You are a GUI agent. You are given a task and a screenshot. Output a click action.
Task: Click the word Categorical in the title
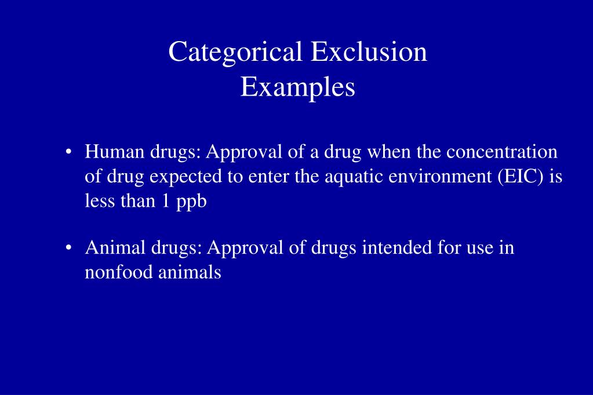click(235, 52)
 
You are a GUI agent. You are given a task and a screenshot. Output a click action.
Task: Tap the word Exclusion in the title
click(369, 52)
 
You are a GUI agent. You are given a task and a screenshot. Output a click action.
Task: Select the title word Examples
click(297, 87)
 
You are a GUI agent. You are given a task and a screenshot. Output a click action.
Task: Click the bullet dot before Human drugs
click(70, 153)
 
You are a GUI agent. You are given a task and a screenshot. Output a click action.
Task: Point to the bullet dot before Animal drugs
click(70, 248)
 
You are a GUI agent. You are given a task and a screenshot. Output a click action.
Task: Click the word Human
click(114, 152)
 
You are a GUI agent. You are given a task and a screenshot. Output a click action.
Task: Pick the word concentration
click(501, 152)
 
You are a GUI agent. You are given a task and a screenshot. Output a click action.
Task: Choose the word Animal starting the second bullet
click(115, 248)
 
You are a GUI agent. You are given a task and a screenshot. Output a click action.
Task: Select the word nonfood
click(119, 272)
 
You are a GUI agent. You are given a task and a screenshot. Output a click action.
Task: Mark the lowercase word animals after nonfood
click(190, 272)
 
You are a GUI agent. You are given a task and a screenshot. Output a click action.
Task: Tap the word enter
click(265, 177)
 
